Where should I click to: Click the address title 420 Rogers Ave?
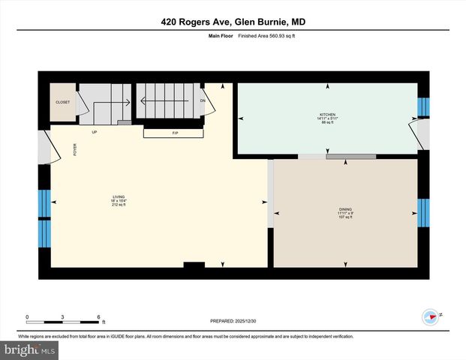point(233,22)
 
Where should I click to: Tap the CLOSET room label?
point(63,101)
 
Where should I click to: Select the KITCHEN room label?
point(328,114)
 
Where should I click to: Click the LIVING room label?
point(117,197)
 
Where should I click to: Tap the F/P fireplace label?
point(175,133)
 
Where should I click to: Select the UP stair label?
point(95,133)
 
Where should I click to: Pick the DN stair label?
point(203,100)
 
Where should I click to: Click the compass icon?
point(430,317)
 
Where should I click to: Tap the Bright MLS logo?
point(30,349)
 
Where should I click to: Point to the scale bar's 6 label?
point(99,316)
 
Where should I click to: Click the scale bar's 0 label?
point(28,316)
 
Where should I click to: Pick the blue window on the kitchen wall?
point(422,107)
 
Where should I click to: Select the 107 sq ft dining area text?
point(345,217)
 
